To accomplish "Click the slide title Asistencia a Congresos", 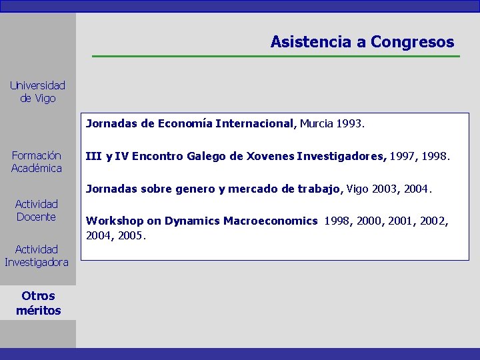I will click(362, 42).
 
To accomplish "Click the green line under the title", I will click(275, 56).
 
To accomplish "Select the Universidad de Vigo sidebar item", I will click(37, 92).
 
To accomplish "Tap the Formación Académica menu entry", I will click(37, 162).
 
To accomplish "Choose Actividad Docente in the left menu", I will click(37, 211).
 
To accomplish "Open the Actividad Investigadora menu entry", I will click(37, 256).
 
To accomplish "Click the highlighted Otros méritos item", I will click(38, 303).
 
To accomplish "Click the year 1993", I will click(350, 123).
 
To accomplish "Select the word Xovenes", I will click(270, 157).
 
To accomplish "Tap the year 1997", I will click(403, 157).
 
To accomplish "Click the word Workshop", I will click(113, 221).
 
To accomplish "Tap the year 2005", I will click(131, 236).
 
